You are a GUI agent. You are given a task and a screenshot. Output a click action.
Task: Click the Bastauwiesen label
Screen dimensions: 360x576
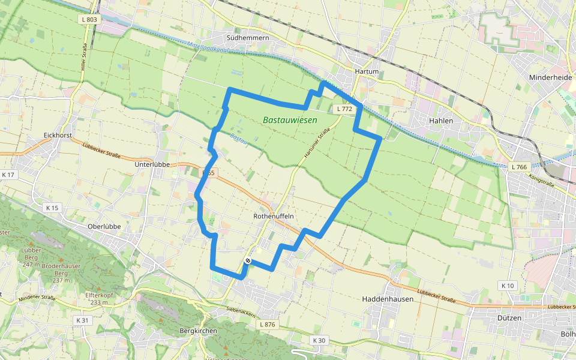pos(290,121)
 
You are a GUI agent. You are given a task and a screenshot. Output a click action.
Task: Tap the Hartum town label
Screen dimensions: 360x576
pos(367,71)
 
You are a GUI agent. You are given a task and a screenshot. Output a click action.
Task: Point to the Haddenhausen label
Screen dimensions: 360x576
pos(388,298)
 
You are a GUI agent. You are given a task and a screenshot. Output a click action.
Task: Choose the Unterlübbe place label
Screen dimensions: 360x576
pos(152,164)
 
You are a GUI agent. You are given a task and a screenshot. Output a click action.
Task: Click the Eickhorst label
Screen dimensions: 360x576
pos(58,136)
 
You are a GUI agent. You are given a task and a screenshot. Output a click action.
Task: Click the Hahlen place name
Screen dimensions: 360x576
pos(441,121)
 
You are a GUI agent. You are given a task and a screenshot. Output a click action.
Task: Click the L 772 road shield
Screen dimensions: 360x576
pos(344,109)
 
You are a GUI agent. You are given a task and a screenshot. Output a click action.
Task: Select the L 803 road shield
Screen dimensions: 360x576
pos(88,19)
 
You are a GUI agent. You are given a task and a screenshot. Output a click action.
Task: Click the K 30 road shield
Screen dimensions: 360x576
pos(319,340)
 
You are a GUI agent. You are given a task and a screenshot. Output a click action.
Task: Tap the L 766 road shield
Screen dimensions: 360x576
pos(519,166)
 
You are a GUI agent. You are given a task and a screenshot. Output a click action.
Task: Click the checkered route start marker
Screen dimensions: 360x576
pos(247,261)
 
